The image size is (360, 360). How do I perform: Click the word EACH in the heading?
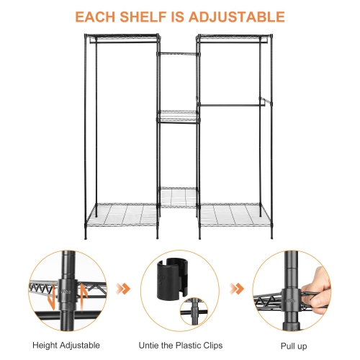99,17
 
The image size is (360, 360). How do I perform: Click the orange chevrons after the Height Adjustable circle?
124,289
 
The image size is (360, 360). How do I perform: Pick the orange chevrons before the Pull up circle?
236,289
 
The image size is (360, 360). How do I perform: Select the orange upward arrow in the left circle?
83,292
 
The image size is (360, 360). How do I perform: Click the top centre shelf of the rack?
179,53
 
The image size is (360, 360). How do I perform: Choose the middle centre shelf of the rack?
179,113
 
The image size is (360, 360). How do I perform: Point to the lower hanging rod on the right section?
232,105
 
